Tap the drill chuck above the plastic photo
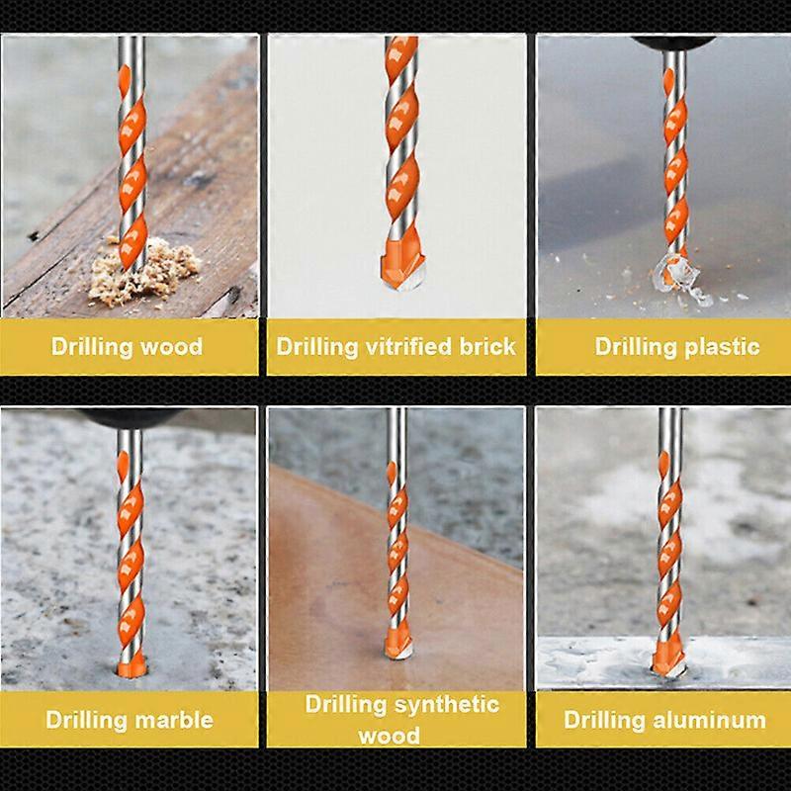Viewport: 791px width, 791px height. click(673, 43)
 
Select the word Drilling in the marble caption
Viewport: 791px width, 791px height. click(86, 719)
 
